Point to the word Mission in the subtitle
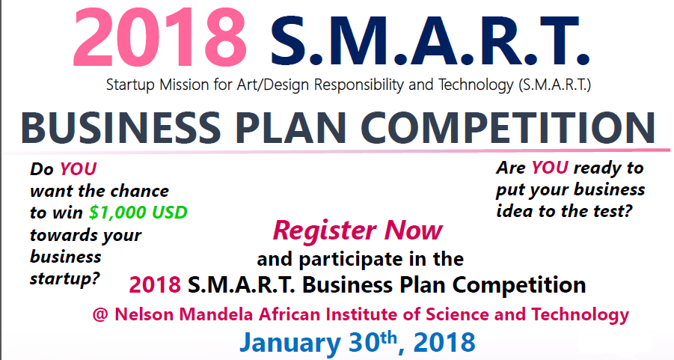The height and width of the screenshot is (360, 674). pos(184,85)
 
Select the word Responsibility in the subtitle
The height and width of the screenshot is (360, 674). pos(358,85)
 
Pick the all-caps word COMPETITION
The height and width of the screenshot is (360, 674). pos(507,128)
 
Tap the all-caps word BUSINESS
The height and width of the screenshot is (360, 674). pos(120,128)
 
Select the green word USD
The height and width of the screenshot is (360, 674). pos(171,213)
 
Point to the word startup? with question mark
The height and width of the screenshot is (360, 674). pos(64,278)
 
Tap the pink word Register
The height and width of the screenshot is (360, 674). pos(325,231)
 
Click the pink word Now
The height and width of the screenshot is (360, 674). pos(414,230)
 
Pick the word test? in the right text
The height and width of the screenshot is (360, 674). pos(612,211)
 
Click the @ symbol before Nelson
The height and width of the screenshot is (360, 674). pos(100,315)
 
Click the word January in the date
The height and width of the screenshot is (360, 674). pos(290,343)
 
